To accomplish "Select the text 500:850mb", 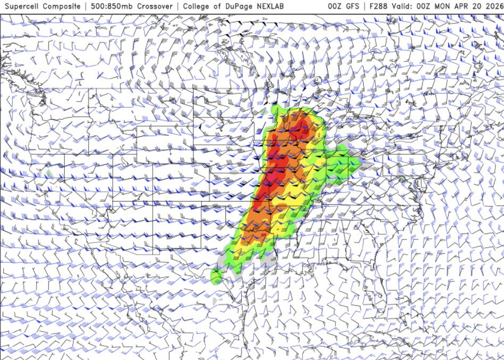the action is point(110,6).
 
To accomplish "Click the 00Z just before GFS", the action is point(335,6).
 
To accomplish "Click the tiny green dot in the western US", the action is point(48,173).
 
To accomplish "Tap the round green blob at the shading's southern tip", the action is point(216,277).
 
